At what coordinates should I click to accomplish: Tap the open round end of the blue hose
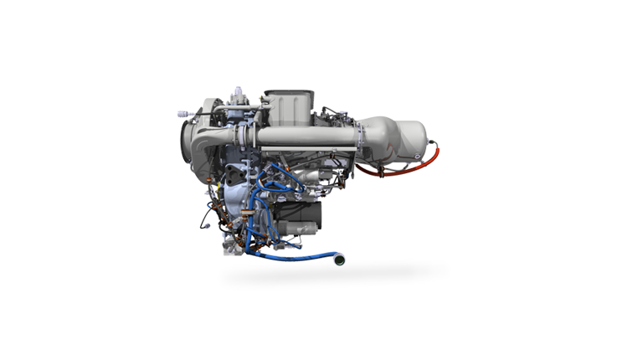coord(339,260)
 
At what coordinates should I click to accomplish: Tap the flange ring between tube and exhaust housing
coord(361,136)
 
